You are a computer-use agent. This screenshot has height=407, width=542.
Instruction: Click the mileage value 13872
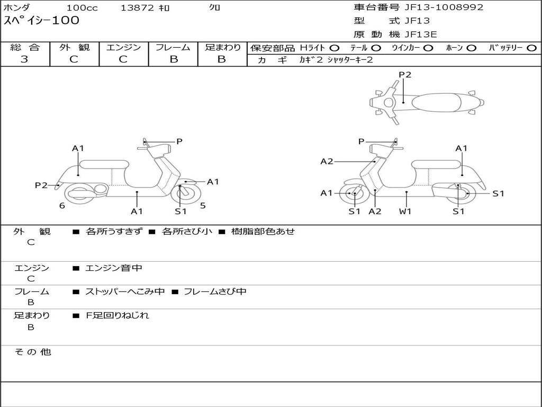click(x=137, y=8)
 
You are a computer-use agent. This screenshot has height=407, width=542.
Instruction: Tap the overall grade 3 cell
click(x=24, y=59)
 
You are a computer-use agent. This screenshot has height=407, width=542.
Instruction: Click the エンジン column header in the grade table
click(x=123, y=48)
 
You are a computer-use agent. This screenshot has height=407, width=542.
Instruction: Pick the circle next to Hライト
click(x=335, y=48)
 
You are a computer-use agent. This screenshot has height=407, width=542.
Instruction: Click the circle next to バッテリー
click(x=531, y=48)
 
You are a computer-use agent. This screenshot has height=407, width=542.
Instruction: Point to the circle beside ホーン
click(x=472, y=48)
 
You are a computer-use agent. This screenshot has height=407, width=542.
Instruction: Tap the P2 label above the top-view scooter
click(x=405, y=75)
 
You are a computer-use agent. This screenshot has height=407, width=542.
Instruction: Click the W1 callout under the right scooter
click(x=405, y=211)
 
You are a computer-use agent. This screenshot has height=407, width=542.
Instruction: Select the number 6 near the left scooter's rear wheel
click(x=62, y=205)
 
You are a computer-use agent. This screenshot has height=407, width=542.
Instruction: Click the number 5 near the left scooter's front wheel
click(x=203, y=205)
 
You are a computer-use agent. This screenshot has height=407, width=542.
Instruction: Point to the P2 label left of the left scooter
click(x=41, y=185)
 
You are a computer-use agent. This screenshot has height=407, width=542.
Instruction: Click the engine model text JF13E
click(x=421, y=34)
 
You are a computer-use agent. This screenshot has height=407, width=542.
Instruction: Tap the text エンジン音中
click(x=114, y=268)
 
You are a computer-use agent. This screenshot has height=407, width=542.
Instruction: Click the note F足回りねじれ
click(x=118, y=315)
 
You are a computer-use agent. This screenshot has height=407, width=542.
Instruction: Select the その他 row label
click(x=32, y=352)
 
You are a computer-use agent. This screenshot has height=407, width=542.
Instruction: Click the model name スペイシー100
click(x=41, y=21)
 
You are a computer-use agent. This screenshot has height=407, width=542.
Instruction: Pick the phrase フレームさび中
click(x=215, y=291)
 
